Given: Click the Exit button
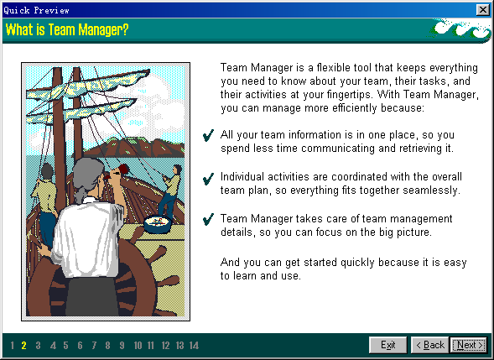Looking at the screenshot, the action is tap(387, 345).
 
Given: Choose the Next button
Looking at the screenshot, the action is tap(469, 345).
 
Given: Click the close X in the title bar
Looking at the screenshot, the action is tap(482, 10).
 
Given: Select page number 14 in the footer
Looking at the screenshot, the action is tap(194, 346).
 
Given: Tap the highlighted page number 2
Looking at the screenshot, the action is tap(24, 346).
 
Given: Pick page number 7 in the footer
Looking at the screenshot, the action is tap(94, 346).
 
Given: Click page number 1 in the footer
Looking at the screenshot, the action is tap(12, 346).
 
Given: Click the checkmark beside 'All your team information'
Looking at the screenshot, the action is tap(208, 136).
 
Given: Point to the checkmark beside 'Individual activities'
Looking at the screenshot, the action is tap(208, 179).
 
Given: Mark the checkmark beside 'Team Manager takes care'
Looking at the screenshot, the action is tap(208, 219).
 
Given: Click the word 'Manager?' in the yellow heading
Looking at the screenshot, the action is tap(103, 30).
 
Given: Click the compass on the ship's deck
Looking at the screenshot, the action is tap(158, 223).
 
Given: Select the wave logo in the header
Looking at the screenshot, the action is tap(460, 29).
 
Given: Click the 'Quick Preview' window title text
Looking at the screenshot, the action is tap(36, 10).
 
